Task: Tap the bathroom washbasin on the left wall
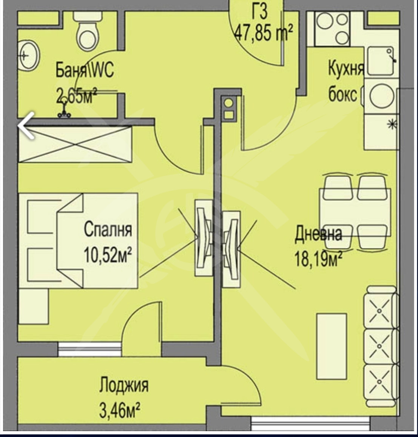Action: [x=29, y=56]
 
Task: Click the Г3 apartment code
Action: [x=260, y=12]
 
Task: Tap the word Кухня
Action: [x=346, y=68]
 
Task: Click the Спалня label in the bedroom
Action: [x=108, y=229]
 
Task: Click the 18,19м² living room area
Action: [x=318, y=259]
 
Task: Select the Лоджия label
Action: [x=124, y=385]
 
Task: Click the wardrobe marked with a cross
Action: [x=75, y=144]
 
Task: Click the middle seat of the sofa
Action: [x=380, y=346]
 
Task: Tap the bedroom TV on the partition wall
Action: [x=204, y=238]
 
